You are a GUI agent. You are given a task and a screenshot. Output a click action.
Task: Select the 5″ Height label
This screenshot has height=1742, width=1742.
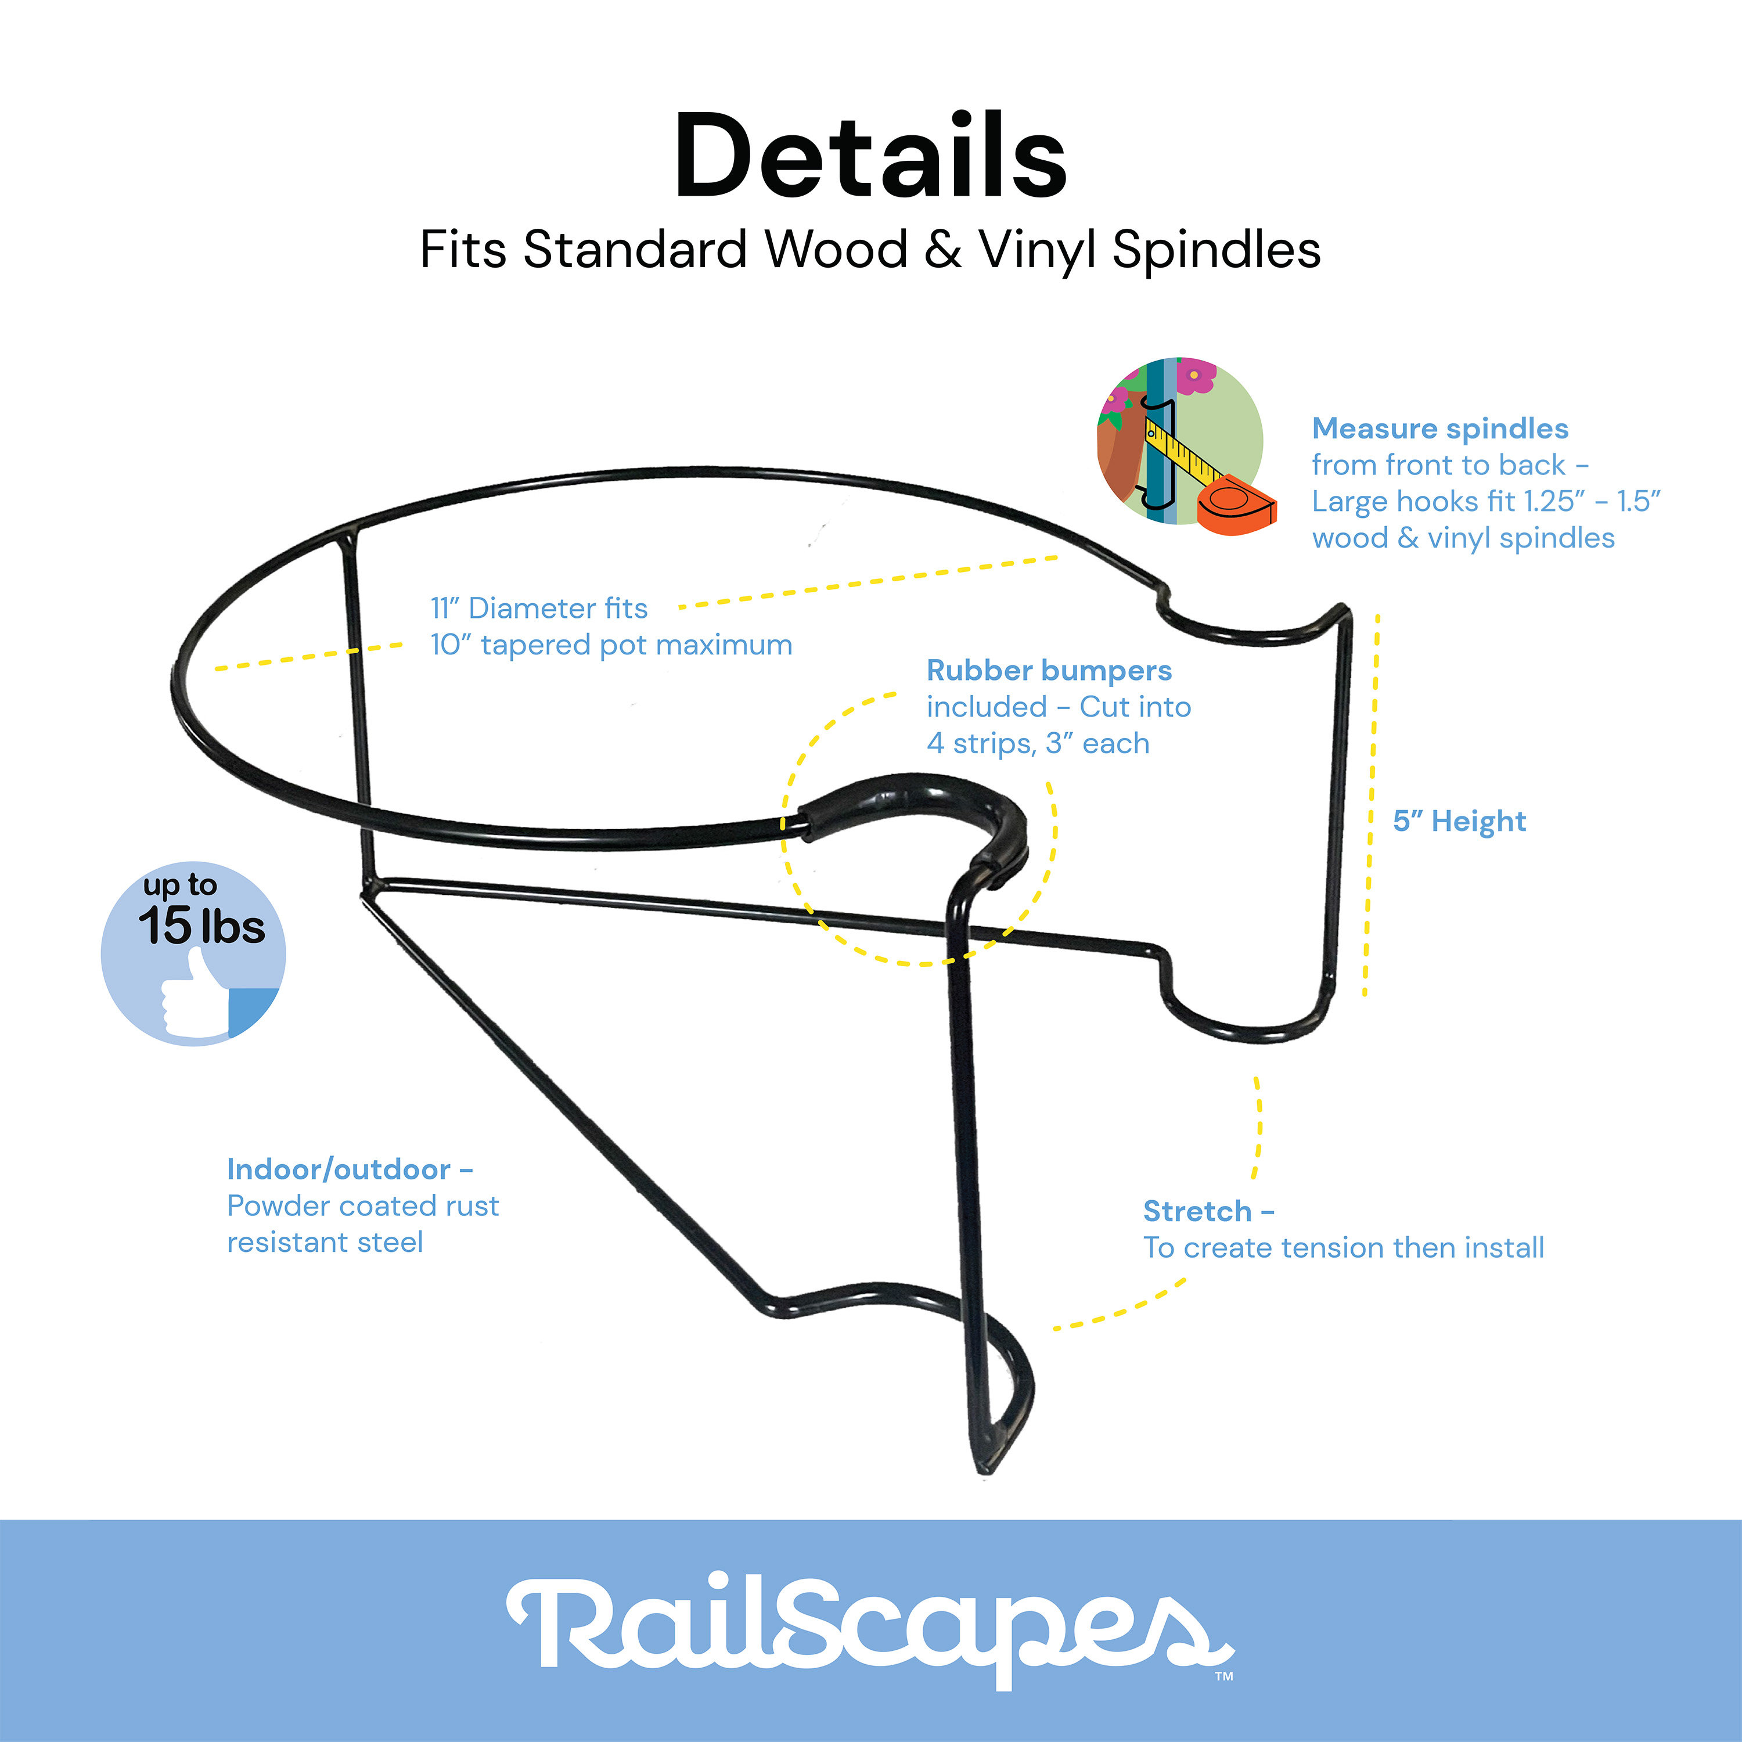[x=1459, y=822]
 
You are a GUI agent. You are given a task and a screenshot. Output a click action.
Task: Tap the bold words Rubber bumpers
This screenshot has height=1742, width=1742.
[x=1049, y=671]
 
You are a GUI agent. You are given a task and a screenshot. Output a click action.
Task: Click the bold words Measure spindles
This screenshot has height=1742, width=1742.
[x=1440, y=429]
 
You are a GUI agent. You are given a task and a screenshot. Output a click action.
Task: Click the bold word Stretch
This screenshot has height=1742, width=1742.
[x=1197, y=1211]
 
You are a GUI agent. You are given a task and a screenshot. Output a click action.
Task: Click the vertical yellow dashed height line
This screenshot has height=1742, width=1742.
[x=1370, y=802]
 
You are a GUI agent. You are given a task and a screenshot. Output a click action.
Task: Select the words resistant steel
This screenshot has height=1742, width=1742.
[x=325, y=1243]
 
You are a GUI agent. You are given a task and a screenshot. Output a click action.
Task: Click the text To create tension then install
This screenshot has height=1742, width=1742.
[x=1344, y=1248]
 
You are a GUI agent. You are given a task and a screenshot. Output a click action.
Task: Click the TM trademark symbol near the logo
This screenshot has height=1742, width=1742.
[x=1223, y=1677]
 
